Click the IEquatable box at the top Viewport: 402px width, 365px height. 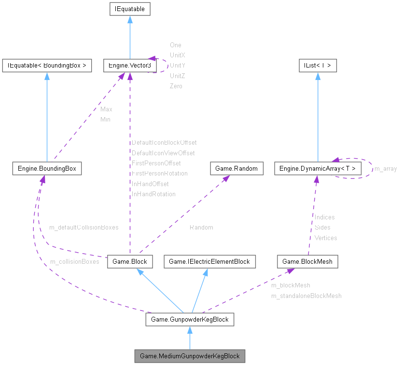point(130,9)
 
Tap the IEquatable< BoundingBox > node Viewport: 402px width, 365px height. point(47,66)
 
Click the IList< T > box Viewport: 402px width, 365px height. point(317,66)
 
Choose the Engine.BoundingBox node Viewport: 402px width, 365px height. point(47,168)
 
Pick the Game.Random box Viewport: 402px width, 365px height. point(237,168)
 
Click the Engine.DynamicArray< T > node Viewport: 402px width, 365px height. point(317,168)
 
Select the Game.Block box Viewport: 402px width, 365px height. point(129,262)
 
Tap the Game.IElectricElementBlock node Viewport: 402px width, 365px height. point(209,262)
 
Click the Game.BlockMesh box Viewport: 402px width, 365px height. point(307,262)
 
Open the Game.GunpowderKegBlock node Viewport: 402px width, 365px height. point(190,319)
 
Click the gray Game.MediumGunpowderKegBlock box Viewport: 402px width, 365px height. point(190,356)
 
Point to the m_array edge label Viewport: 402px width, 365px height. point(386,169)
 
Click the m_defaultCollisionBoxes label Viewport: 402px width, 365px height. point(83,227)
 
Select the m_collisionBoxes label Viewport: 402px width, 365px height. point(74,262)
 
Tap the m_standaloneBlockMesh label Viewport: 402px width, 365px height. point(306,296)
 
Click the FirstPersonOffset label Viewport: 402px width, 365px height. point(156,163)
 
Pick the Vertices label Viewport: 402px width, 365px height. point(326,238)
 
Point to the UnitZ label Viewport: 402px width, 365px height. point(177,76)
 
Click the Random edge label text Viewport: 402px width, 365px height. point(201,227)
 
